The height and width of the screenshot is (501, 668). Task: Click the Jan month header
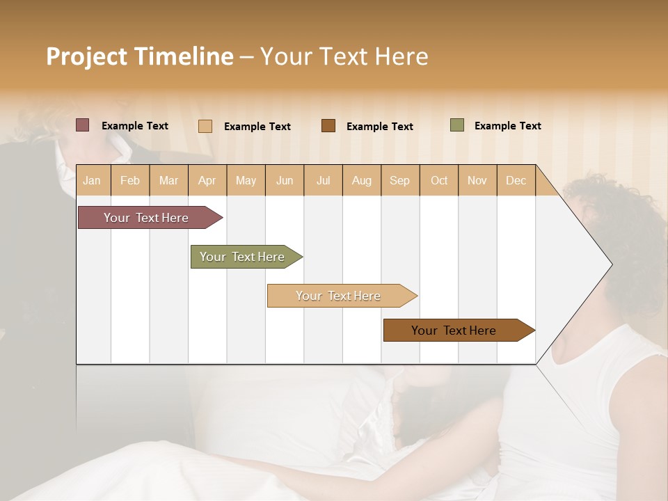92,180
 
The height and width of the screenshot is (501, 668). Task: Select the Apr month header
207,180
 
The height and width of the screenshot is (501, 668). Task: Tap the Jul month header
323,180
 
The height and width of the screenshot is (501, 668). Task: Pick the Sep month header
399,180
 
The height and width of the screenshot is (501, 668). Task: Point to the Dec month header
516,180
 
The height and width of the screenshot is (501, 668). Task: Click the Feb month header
130,180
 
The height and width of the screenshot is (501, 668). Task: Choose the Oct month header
439,180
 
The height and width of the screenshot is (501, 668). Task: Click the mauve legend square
82,125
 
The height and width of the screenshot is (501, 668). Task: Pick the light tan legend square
205,126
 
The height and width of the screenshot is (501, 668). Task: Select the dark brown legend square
328,126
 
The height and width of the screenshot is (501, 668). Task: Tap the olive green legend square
457,125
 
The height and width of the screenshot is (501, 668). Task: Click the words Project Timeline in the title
139,56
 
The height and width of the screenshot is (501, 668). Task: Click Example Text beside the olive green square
507,126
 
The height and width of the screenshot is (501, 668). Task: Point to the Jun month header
285,180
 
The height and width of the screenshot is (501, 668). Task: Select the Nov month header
477,180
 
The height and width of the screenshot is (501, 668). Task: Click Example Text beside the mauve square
135,126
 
